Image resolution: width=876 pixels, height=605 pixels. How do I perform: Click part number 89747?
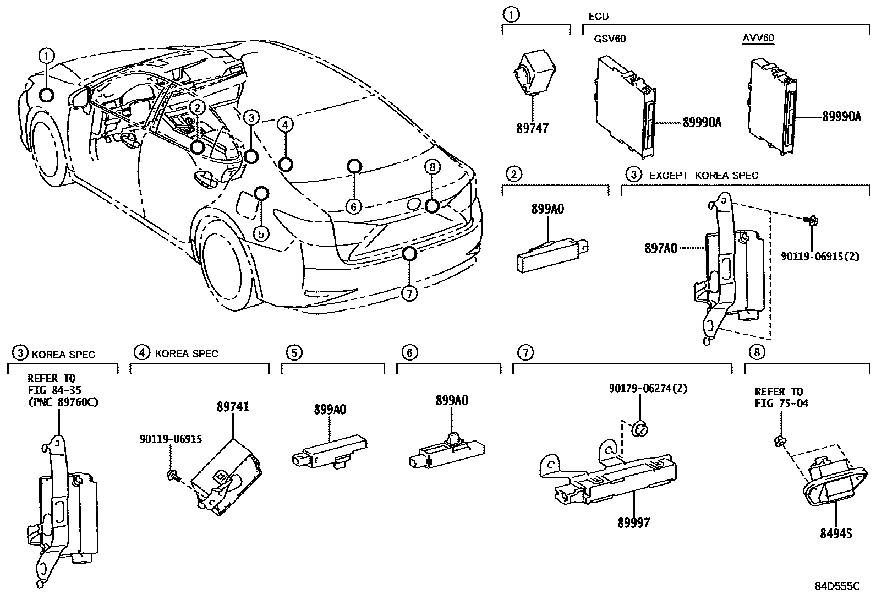(x=532, y=129)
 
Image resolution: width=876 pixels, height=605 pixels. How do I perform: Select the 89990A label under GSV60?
(x=702, y=123)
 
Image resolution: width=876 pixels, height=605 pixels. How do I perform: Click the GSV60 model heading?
(x=610, y=39)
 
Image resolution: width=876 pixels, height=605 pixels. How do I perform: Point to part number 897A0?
(x=660, y=249)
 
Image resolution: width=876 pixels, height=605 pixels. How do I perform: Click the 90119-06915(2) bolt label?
(x=820, y=256)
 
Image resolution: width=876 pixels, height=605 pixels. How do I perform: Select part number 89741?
(x=233, y=407)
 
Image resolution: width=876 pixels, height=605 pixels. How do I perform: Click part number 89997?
(x=633, y=523)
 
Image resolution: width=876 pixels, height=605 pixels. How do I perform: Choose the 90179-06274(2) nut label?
(x=640, y=388)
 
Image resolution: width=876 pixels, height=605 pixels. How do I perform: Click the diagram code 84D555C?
(x=837, y=586)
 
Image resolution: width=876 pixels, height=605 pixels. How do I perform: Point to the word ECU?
(x=599, y=17)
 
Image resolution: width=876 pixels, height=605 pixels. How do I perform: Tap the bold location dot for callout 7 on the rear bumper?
(x=408, y=254)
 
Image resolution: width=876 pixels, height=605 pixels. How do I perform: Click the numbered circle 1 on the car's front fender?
(x=47, y=55)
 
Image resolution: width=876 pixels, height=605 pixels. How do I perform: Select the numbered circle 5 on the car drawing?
(x=261, y=233)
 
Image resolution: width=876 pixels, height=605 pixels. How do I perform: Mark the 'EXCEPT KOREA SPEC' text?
(x=704, y=176)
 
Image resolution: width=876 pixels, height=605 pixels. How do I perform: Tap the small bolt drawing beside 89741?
(x=172, y=475)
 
